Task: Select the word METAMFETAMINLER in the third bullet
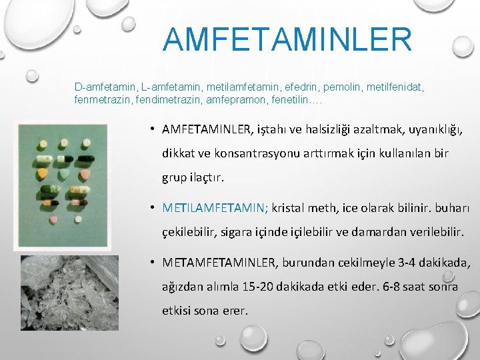pos(217,264)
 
